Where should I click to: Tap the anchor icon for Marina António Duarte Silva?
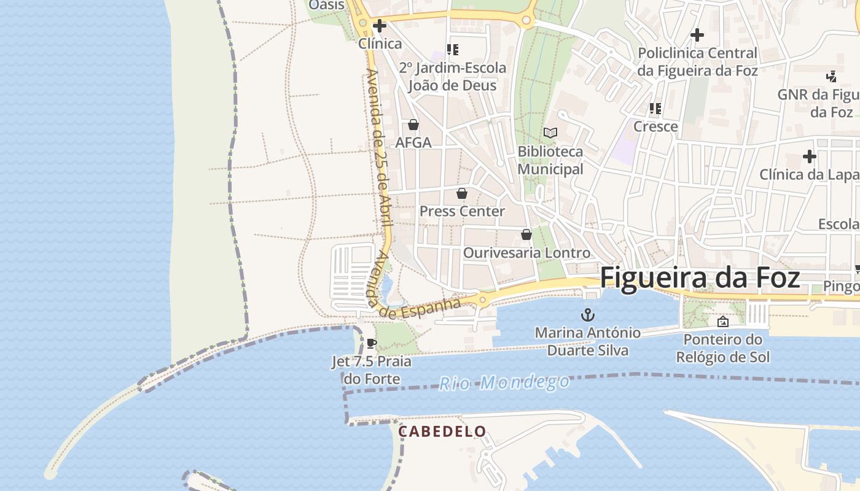(x=588, y=315)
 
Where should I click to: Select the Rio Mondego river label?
(x=504, y=382)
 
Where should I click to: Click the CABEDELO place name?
(x=442, y=431)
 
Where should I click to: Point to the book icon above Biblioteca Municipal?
(x=550, y=133)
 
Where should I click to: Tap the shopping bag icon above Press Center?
(x=462, y=193)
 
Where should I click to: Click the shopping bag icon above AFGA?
(x=413, y=125)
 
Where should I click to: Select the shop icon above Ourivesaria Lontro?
(x=526, y=234)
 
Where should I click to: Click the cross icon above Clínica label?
(x=380, y=26)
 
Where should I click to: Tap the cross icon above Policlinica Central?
(x=697, y=35)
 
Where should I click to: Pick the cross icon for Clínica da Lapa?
(x=809, y=157)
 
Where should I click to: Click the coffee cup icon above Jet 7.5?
(x=370, y=343)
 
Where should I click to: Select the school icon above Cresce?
(x=655, y=109)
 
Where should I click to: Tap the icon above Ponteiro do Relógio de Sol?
(x=722, y=321)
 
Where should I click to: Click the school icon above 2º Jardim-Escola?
(x=453, y=50)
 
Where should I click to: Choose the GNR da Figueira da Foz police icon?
(x=831, y=77)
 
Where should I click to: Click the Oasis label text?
(x=327, y=5)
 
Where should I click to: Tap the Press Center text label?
(x=462, y=211)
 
